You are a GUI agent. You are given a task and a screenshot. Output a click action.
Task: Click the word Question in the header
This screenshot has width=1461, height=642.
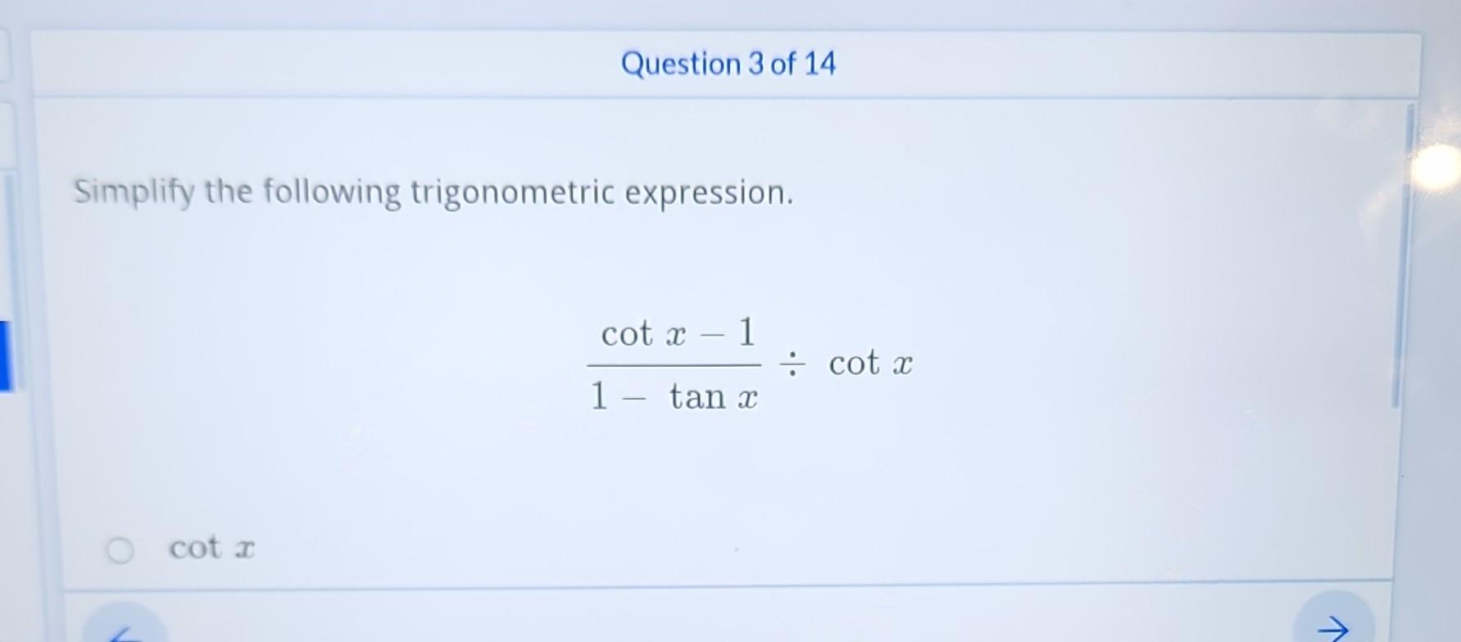[x=680, y=64]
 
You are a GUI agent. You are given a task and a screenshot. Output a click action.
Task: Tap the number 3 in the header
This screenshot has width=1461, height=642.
[x=755, y=64]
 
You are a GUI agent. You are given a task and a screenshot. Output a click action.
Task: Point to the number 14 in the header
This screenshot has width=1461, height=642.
[x=819, y=64]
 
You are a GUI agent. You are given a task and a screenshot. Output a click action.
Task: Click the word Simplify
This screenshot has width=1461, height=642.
[x=134, y=193]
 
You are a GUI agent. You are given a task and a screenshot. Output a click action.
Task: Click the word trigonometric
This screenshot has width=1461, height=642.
[x=512, y=193]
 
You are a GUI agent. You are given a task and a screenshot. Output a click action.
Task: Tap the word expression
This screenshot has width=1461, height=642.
[x=709, y=193]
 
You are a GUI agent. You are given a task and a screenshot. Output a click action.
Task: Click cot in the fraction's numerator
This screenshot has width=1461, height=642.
[x=627, y=334]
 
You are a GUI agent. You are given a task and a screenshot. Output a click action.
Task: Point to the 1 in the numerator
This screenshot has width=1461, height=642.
[x=746, y=332]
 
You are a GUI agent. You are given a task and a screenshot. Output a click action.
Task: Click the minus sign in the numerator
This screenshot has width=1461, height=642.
[x=713, y=335]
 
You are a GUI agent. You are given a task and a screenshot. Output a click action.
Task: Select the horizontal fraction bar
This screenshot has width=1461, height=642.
[x=674, y=365]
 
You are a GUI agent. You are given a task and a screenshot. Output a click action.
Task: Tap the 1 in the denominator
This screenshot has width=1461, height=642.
[x=599, y=397]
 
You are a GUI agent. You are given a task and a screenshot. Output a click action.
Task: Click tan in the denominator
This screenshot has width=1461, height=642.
[x=697, y=397]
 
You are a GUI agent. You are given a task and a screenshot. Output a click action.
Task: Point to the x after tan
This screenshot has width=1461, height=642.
[x=746, y=399]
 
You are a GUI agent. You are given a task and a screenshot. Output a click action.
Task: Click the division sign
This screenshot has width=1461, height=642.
[x=792, y=364]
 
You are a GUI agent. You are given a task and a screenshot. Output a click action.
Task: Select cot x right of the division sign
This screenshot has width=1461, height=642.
[x=870, y=364]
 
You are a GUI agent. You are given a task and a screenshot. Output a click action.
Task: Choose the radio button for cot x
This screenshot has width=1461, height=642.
[x=120, y=550]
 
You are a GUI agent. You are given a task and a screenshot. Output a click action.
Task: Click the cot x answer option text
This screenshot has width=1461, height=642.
[x=212, y=548]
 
